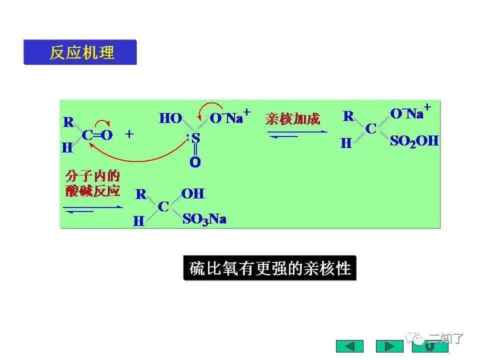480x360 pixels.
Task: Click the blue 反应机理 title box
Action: [80, 52]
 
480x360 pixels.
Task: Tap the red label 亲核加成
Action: [292, 119]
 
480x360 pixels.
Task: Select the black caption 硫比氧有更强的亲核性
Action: [270, 269]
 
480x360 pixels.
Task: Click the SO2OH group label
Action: [414, 141]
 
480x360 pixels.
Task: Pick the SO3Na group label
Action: [204, 219]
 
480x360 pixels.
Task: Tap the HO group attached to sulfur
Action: [170, 118]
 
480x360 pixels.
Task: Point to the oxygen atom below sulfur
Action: [195, 162]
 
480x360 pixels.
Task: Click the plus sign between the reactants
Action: [129, 134]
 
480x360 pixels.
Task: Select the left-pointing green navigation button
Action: [349, 346]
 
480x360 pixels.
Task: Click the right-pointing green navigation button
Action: [389, 346]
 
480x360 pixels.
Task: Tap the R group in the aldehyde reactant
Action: [68, 122]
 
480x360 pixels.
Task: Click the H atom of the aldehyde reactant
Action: [67, 147]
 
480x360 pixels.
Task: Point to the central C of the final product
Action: [163, 206]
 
